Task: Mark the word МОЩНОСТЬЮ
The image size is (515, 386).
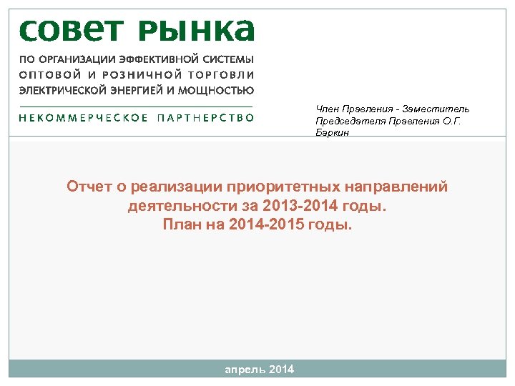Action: tap(219, 90)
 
